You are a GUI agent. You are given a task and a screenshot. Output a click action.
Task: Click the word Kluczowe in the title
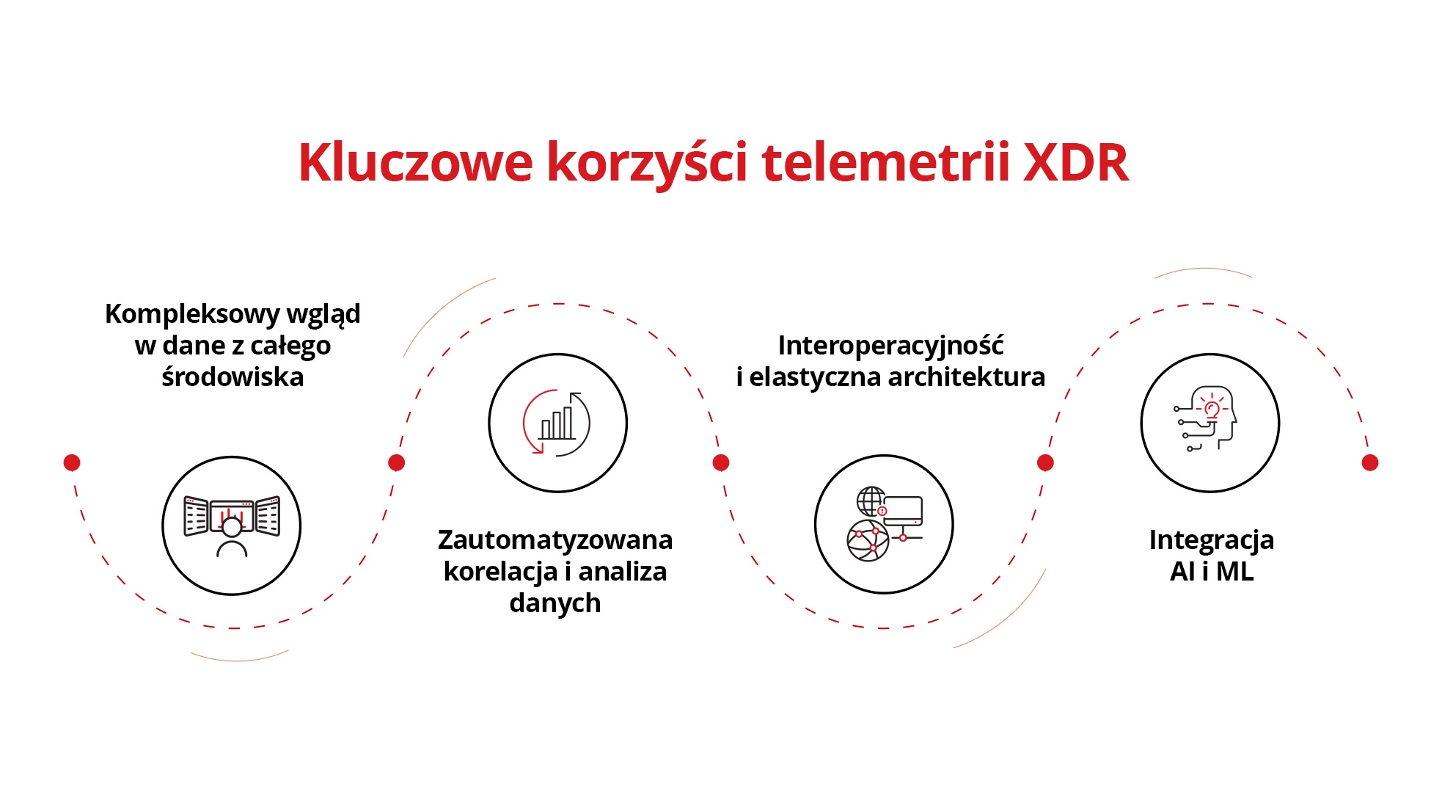point(415,162)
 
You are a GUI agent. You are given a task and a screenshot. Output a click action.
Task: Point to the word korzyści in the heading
point(647,162)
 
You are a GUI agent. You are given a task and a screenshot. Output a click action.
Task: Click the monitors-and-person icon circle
point(232,525)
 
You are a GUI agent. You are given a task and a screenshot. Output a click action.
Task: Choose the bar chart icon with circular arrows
point(557,423)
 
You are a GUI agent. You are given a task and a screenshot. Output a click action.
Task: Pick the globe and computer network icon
point(884,524)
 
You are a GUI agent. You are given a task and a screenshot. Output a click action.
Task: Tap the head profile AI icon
point(1209,423)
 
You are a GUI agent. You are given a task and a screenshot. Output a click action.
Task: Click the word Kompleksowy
point(192,314)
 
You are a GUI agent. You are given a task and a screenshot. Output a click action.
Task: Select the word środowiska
point(233,377)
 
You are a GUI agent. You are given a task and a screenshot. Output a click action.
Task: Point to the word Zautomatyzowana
point(555,540)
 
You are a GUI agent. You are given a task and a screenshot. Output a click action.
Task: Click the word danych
point(555,603)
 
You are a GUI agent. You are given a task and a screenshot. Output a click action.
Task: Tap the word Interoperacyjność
point(890,345)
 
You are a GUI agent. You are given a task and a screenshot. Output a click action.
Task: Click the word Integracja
point(1211,540)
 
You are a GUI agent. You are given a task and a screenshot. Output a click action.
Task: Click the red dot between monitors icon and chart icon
point(396,462)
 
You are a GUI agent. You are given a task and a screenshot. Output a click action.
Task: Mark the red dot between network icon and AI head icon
point(1045,462)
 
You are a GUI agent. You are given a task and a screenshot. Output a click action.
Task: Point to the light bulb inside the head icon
point(1212,409)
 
